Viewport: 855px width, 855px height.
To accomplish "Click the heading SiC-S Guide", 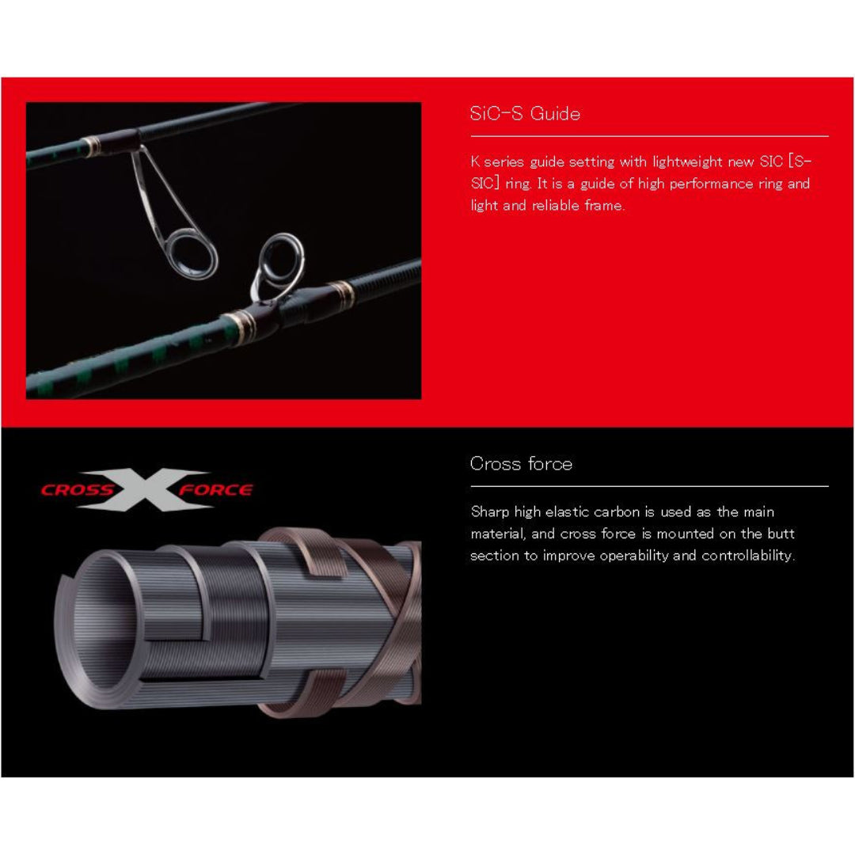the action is tap(525, 113).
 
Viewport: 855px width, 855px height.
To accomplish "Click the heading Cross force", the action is tap(521, 463).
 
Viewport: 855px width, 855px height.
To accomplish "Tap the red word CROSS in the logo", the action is tap(78, 490).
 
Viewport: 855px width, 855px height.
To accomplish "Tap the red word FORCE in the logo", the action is tap(216, 490).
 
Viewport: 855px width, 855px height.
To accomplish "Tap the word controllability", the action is tap(748, 556).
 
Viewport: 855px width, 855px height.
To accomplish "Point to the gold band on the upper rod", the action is tap(91, 146).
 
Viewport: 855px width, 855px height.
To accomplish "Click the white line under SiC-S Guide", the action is tap(649, 136).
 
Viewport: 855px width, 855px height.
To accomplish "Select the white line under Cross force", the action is tap(649, 486).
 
